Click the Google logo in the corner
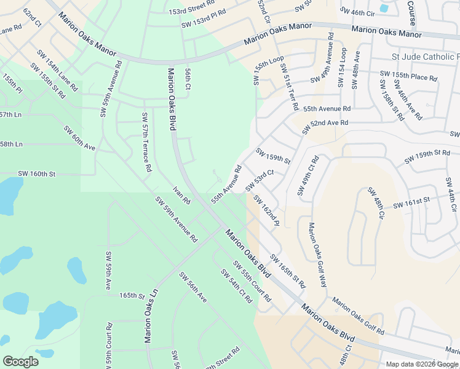pyautogui.click(x=21, y=362)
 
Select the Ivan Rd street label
pyautogui.click(x=182, y=194)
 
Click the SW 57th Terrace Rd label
pyautogui.click(x=146, y=142)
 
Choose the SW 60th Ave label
pyautogui.click(x=79, y=138)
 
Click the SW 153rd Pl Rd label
pyautogui.click(x=204, y=18)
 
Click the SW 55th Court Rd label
pyautogui.click(x=252, y=280)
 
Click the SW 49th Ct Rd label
pyautogui.click(x=309, y=175)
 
